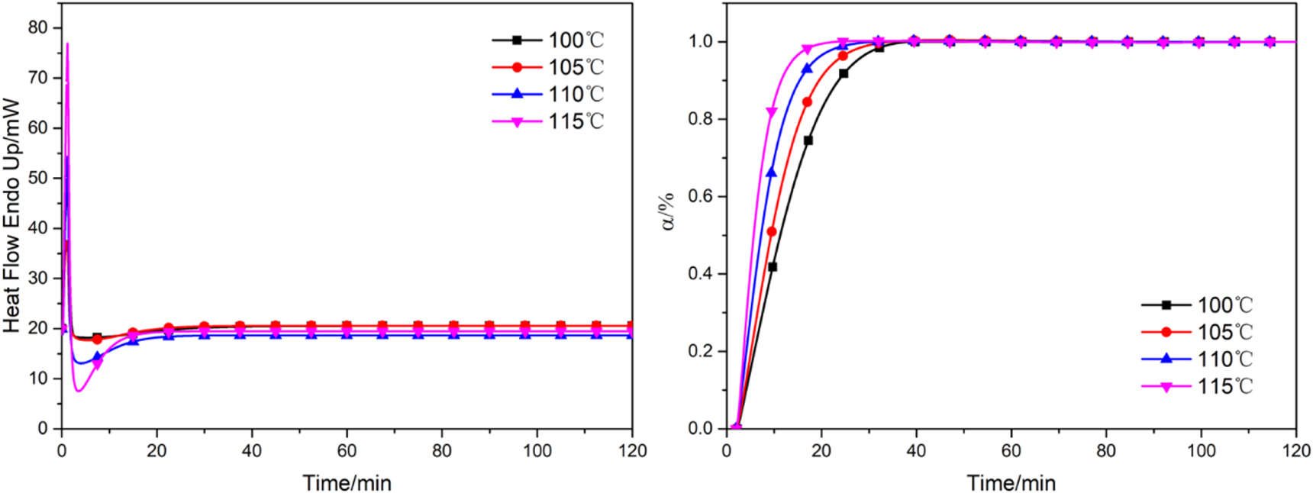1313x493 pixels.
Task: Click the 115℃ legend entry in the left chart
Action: click(x=547, y=121)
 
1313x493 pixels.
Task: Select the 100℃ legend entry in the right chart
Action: click(x=1196, y=305)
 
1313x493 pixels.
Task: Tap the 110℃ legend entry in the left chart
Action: click(x=547, y=95)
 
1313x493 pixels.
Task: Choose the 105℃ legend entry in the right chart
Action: click(x=1196, y=333)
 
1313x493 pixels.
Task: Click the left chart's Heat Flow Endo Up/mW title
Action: click(x=11, y=215)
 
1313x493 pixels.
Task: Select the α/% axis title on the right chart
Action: click(x=669, y=212)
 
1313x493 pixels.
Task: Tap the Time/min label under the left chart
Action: click(x=347, y=483)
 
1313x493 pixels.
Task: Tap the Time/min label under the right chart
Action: click(x=1011, y=483)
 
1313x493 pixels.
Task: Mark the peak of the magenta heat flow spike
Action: click(x=67, y=43)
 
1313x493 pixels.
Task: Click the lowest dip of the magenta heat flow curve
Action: click(x=79, y=391)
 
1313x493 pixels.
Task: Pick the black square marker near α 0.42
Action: click(x=773, y=267)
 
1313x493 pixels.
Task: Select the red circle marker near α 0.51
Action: click(x=772, y=231)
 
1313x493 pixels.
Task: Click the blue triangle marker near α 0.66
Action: click(x=772, y=173)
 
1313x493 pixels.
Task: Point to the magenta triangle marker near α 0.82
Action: click(x=772, y=113)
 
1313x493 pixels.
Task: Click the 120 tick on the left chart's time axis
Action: click(x=631, y=451)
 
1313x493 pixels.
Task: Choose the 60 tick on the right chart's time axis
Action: click(x=1011, y=451)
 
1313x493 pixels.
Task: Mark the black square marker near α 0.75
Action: click(x=808, y=140)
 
